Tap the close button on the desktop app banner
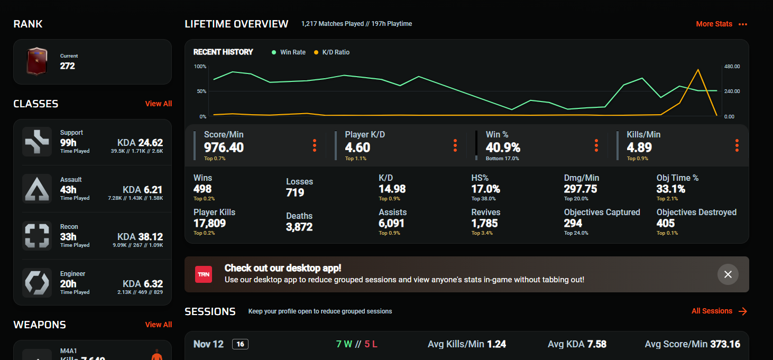tap(728, 274)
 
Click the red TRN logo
tap(204, 274)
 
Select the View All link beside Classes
tap(158, 104)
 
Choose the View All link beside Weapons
tap(158, 325)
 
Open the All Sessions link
tap(719, 311)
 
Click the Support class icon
tap(37, 142)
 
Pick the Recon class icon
tap(37, 236)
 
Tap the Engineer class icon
tap(37, 283)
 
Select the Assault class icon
tap(37, 189)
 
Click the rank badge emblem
tap(37, 61)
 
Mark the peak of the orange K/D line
tap(698, 69)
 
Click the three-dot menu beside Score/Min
tap(315, 145)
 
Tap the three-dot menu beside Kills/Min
tap(737, 145)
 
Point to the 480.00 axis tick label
tap(732, 66)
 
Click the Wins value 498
tap(203, 189)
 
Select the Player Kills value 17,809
tap(209, 223)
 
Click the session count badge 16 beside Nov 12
tap(240, 344)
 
